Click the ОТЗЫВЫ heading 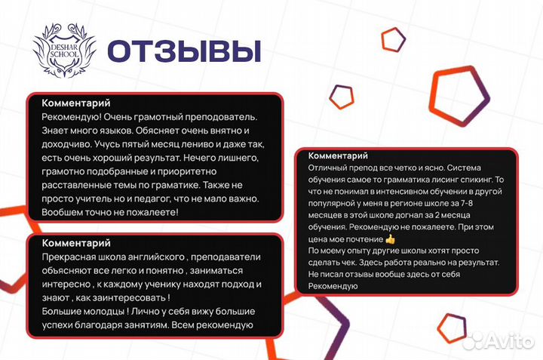coord(183,50)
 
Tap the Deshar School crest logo coord(64,51)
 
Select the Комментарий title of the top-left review coord(76,103)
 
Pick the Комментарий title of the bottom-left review coord(76,243)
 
